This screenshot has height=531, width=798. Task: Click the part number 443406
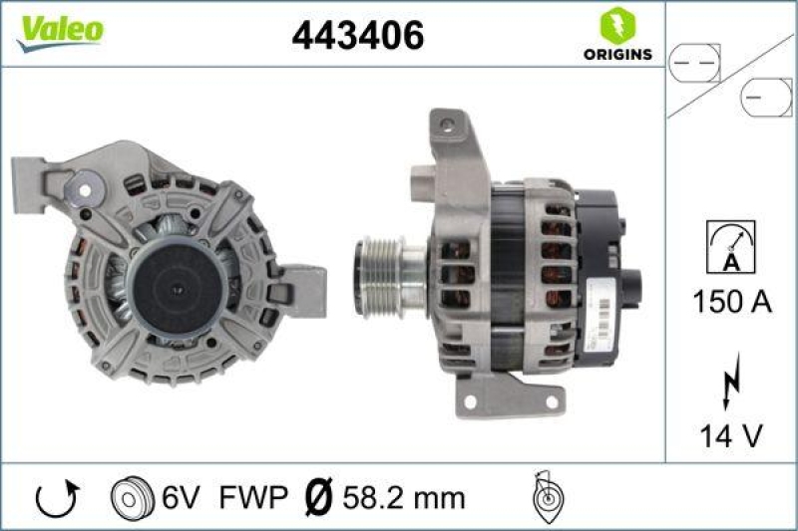(x=358, y=37)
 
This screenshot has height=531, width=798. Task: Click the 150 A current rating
(x=731, y=303)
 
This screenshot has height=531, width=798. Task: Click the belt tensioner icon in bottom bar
(x=547, y=496)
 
